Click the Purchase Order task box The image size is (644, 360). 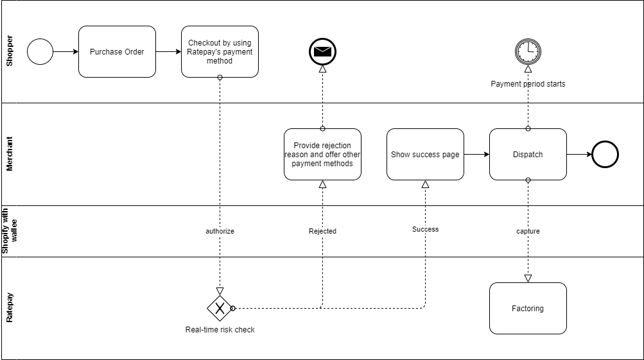click(x=117, y=51)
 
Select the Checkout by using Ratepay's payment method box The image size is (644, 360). click(x=220, y=51)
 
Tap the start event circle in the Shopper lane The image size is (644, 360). click(x=40, y=51)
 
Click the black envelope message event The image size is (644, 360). click(x=322, y=51)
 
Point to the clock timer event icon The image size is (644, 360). click(x=528, y=51)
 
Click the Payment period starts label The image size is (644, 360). click(x=528, y=84)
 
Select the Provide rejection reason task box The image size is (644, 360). click(x=322, y=154)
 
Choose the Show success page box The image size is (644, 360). click(x=425, y=154)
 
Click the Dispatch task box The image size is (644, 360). click(x=528, y=154)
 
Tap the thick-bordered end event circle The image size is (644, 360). click(x=605, y=154)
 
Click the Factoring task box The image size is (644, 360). click(x=528, y=308)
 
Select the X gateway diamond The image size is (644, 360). click(x=220, y=308)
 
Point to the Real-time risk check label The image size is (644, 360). click(x=220, y=330)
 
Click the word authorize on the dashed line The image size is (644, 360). click(x=220, y=231)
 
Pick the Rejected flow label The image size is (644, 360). click(x=322, y=231)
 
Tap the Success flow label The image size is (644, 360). click(x=425, y=229)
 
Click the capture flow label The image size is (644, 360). click(x=528, y=231)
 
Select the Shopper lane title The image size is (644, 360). click(x=9, y=51)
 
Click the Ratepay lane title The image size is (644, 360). click(x=9, y=308)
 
